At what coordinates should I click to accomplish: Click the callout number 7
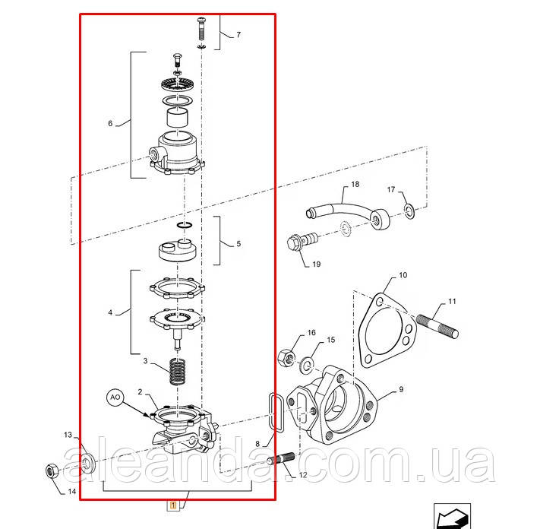click(238, 35)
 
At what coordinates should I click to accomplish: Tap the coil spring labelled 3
click(178, 371)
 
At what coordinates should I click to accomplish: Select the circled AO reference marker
click(115, 398)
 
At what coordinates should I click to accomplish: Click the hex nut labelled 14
click(52, 471)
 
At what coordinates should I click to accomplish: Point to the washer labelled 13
click(87, 464)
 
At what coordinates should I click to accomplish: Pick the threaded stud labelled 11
click(437, 326)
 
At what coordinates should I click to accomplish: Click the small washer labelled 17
click(409, 211)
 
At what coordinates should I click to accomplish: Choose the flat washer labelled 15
click(307, 365)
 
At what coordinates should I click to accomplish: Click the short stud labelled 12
click(281, 458)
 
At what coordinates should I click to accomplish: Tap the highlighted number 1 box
click(173, 505)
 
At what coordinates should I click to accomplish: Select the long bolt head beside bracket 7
click(201, 20)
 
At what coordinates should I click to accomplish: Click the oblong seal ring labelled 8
click(275, 413)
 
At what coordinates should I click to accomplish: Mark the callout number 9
click(401, 389)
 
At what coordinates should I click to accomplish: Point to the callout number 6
click(110, 123)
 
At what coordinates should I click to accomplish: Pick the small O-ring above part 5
click(185, 225)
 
